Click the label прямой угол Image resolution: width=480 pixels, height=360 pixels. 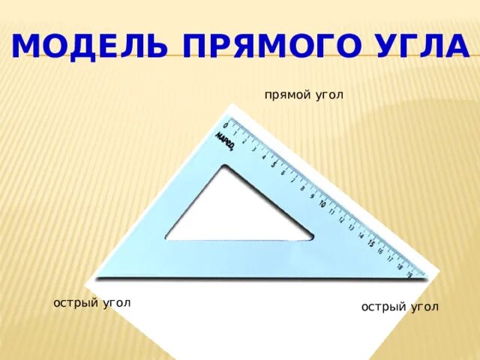tap(304, 95)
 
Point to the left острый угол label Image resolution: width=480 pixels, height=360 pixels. tap(92, 302)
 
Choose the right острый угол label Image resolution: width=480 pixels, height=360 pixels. tap(400, 307)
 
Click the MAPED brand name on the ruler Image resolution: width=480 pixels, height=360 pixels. tap(225, 142)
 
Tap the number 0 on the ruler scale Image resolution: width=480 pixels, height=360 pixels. tap(226, 124)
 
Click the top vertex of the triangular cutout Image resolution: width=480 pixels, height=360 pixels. tap(223, 166)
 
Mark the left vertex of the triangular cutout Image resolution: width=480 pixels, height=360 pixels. tap(166, 239)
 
